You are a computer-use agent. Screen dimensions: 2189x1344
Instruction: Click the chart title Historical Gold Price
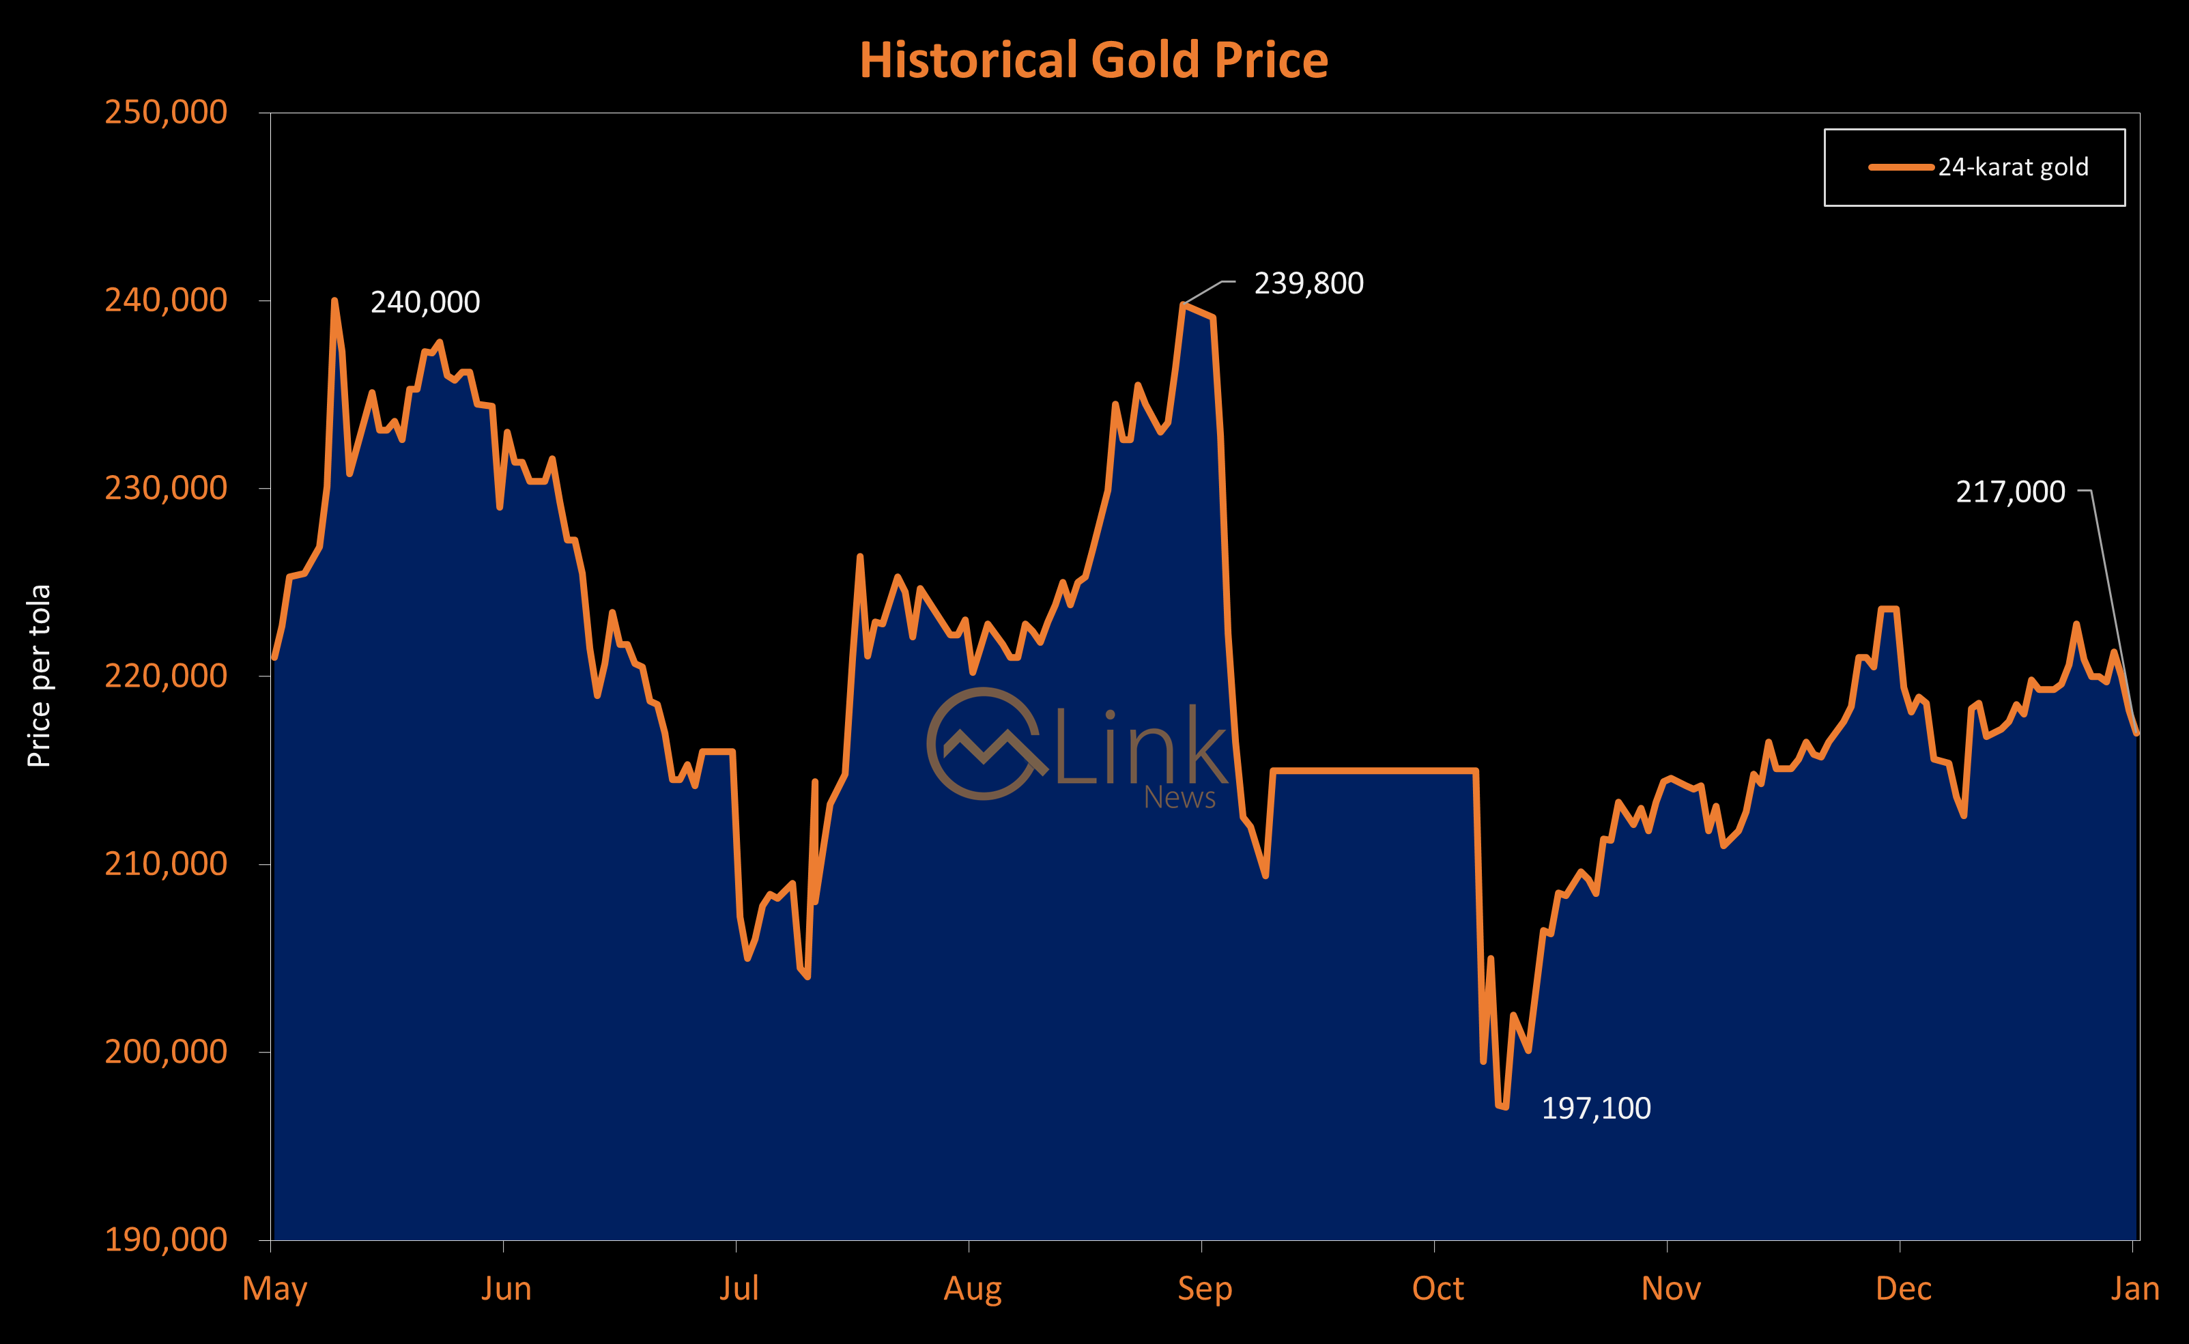1093,61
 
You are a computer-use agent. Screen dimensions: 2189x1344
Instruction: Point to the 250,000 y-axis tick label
166,112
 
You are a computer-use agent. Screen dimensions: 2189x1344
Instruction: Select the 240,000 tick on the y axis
166,300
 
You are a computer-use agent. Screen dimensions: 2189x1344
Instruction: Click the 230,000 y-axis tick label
166,488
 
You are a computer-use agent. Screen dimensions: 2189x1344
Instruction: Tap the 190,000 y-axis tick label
166,1239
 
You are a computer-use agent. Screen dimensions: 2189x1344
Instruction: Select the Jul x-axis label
739,1288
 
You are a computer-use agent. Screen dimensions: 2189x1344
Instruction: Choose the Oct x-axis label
1437,1288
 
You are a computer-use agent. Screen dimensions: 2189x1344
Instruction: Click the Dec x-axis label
1903,1288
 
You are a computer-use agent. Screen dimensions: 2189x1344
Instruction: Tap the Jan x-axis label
2135,1288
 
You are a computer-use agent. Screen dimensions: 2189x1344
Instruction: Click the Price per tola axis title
39,676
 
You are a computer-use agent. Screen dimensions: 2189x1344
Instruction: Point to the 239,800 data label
1308,283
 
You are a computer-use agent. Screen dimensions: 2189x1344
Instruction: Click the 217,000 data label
2010,491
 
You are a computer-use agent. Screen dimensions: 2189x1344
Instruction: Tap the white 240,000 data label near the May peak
425,303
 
